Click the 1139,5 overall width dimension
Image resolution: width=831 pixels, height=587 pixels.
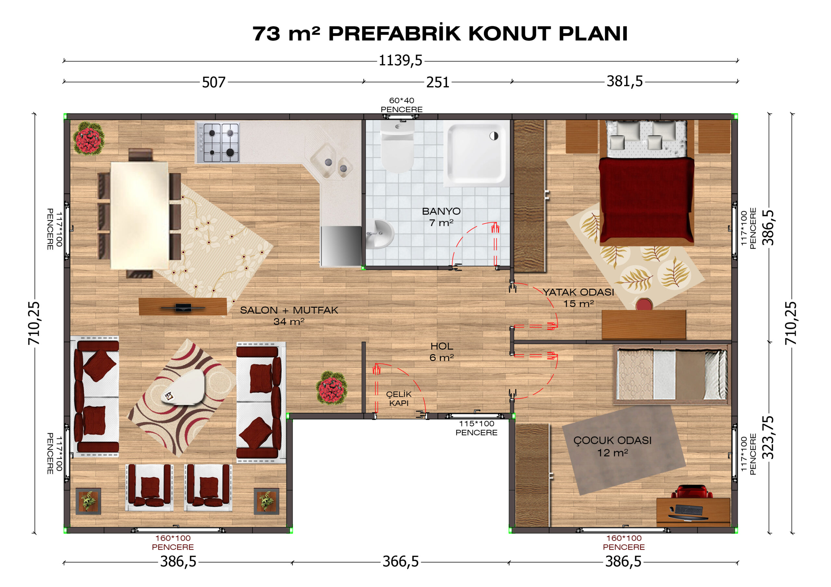(x=400, y=60)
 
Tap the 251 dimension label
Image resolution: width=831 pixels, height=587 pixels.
(x=438, y=82)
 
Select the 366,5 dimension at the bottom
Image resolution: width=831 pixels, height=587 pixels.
(x=401, y=562)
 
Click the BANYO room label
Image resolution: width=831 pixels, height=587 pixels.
(x=441, y=211)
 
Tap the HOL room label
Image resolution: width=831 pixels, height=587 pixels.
(x=441, y=346)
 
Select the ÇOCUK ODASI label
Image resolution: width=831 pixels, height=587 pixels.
(x=613, y=440)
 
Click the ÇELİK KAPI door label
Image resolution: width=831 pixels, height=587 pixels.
(x=399, y=399)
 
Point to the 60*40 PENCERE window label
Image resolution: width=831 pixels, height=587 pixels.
(x=402, y=105)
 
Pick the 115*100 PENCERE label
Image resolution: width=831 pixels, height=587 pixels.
(x=476, y=428)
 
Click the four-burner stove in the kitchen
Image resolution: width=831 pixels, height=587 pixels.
(x=217, y=142)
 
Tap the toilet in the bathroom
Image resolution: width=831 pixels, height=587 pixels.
(x=397, y=147)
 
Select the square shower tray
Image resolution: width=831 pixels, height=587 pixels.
(x=477, y=153)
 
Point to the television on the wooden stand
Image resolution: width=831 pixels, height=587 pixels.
(x=183, y=308)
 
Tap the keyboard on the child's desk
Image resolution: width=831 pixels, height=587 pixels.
(x=688, y=509)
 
